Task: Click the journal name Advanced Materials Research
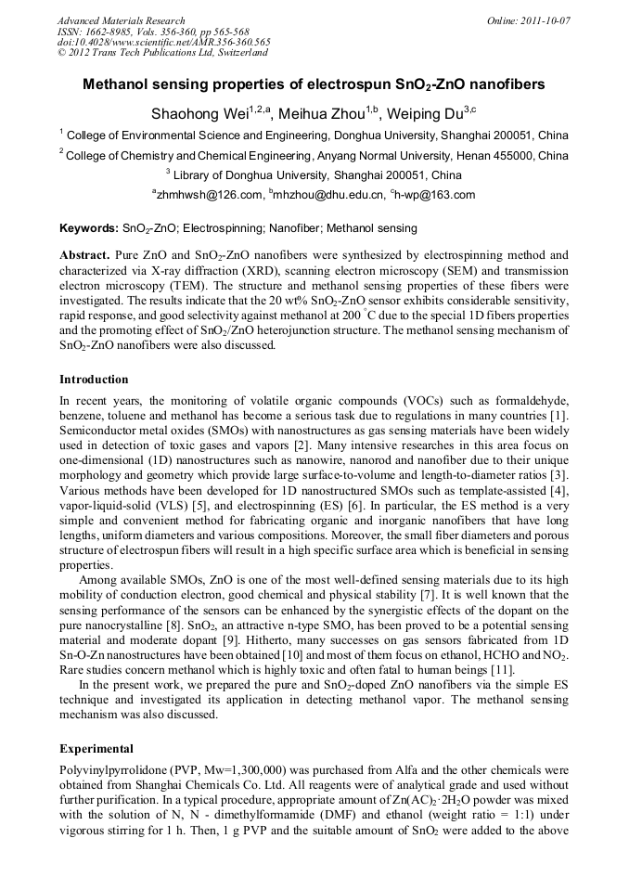(121, 20)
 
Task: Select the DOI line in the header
(163, 42)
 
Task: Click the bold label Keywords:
(88, 228)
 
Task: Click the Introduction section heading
(94, 380)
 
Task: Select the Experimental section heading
(96, 748)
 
